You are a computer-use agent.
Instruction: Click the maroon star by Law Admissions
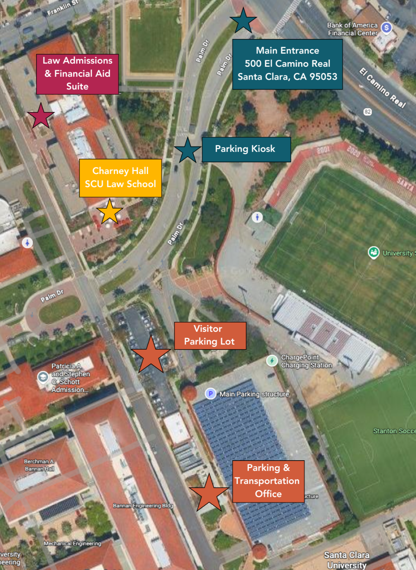click(x=41, y=116)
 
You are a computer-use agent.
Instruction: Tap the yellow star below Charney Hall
click(x=110, y=212)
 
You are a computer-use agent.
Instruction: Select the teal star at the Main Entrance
click(x=243, y=21)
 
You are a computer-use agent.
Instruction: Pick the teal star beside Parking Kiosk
click(x=188, y=151)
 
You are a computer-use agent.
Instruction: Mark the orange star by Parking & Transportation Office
click(x=209, y=493)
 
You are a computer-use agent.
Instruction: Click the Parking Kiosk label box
click(x=246, y=149)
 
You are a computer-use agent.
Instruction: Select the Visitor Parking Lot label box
click(x=210, y=335)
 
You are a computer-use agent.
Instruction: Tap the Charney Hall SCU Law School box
click(x=120, y=178)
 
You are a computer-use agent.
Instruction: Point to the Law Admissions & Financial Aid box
click(x=77, y=74)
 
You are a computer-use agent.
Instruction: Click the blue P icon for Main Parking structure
click(x=211, y=394)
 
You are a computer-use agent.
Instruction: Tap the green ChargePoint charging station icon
click(x=272, y=361)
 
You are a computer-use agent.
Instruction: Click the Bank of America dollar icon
click(x=386, y=28)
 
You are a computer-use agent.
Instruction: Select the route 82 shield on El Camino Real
click(x=368, y=112)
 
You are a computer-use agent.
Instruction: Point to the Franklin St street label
click(x=62, y=8)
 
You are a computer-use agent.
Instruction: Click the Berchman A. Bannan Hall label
click(x=39, y=465)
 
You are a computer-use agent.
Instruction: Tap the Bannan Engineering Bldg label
click(x=143, y=505)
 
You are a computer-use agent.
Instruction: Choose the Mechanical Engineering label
click(x=72, y=543)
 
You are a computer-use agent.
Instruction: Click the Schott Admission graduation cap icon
click(x=43, y=377)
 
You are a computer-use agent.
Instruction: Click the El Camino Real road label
click(x=383, y=88)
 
